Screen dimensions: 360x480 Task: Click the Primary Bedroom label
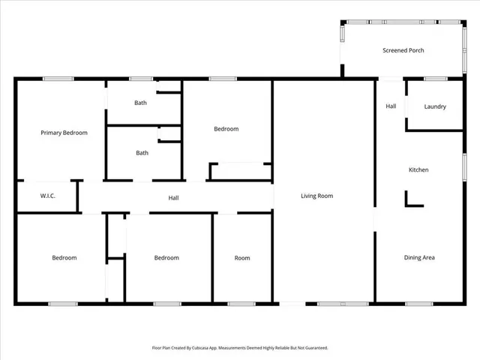pos(64,133)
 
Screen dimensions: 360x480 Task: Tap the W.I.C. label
pos(49,196)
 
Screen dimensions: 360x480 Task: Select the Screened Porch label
pos(403,51)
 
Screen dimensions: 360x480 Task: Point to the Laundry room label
pos(435,106)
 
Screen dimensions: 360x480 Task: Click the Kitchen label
pos(418,170)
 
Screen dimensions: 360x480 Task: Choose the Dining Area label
pos(419,258)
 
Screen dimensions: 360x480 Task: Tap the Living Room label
pos(316,196)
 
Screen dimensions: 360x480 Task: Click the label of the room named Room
pos(242,258)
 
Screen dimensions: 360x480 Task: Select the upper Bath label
pos(141,103)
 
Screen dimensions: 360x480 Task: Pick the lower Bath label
pos(142,153)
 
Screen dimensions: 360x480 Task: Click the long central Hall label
pos(173,198)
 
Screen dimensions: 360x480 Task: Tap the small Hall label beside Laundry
pos(391,106)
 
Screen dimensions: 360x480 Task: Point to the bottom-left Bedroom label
pos(64,258)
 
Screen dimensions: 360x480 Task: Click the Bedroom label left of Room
pos(166,258)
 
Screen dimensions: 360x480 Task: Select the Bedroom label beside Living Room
pos(226,129)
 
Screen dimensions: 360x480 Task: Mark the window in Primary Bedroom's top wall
pos(58,79)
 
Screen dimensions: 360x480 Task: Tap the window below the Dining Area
pos(419,304)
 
